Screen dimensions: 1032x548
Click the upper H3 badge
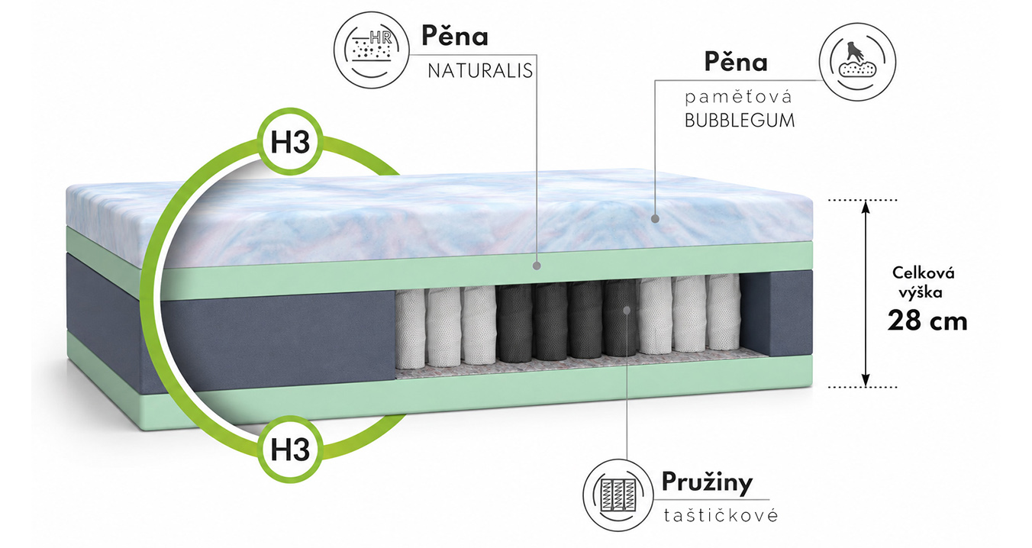(x=290, y=142)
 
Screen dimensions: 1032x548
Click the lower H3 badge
(x=290, y=449)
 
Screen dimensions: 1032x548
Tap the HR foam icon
(x=371, y=50)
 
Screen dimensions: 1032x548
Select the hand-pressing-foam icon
(x=857, y=62)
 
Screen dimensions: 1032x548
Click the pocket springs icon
(x=618, y=495)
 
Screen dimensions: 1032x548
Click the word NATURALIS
(x=480, y=71)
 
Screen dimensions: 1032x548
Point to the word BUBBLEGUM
(x=740, y=120)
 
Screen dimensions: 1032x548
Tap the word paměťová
(x=738, y=97)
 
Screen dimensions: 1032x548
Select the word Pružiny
(x=707, y=482)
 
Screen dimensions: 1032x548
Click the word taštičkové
(x=721, y=515)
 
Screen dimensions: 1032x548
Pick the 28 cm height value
(x=927, y=321)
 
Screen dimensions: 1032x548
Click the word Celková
(x=924, y=272)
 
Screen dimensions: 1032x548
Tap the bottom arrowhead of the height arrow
(x=866, y=380)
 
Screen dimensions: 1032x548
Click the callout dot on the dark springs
(x=627, y=310)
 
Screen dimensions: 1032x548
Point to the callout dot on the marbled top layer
(x=655, y=219)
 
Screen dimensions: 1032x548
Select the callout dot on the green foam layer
(x=537, y=266)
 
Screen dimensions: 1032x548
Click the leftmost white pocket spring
(x=410, y=329)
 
